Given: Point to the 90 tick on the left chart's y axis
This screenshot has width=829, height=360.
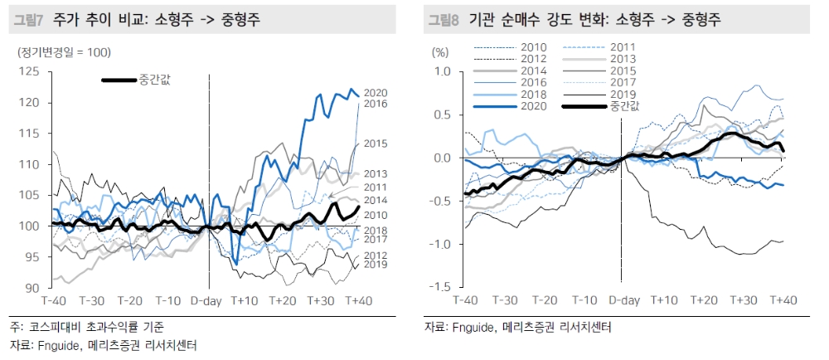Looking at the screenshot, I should click(x=33, y=288).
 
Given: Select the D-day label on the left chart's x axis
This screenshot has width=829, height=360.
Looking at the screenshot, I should click(x=208, y=299).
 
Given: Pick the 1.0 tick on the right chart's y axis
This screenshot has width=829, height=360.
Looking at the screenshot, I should click(x=441, y=72).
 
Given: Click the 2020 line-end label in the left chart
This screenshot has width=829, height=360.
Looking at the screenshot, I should click(x=376, y=92).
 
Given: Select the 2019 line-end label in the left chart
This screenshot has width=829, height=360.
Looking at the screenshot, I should click(x=376, y=265).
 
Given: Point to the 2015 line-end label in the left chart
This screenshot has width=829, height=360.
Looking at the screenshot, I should click(x=376, y=144).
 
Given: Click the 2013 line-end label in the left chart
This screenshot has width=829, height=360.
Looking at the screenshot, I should click(x=376, y=173).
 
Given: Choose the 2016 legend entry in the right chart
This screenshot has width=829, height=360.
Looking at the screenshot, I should click(x=534, y=82).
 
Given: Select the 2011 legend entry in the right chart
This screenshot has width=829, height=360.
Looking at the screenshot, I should click(x=623, y=47).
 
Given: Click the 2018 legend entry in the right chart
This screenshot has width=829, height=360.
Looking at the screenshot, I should click(x=534, y=95).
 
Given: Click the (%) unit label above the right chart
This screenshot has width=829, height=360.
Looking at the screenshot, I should click(x=440, y=51).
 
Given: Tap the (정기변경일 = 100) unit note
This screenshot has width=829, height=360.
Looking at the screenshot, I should click(x=65, y=52).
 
